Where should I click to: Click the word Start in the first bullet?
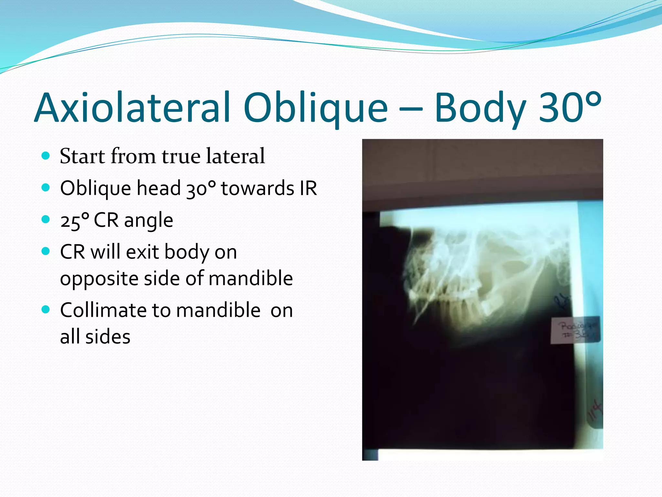click(82, 156)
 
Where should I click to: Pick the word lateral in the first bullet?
click(235, 156)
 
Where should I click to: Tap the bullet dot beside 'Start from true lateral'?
click(46, 156)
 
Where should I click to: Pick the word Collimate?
click(103, 310)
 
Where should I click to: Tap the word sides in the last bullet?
click(108, 337)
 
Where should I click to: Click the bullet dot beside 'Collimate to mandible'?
click(46, 310)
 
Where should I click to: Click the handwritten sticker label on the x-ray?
click(575, 330)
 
